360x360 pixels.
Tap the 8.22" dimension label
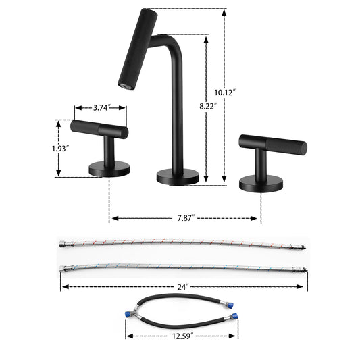coord(209,107)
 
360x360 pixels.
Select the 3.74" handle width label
coord(100,107)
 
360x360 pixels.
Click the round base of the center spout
coord(178,177)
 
